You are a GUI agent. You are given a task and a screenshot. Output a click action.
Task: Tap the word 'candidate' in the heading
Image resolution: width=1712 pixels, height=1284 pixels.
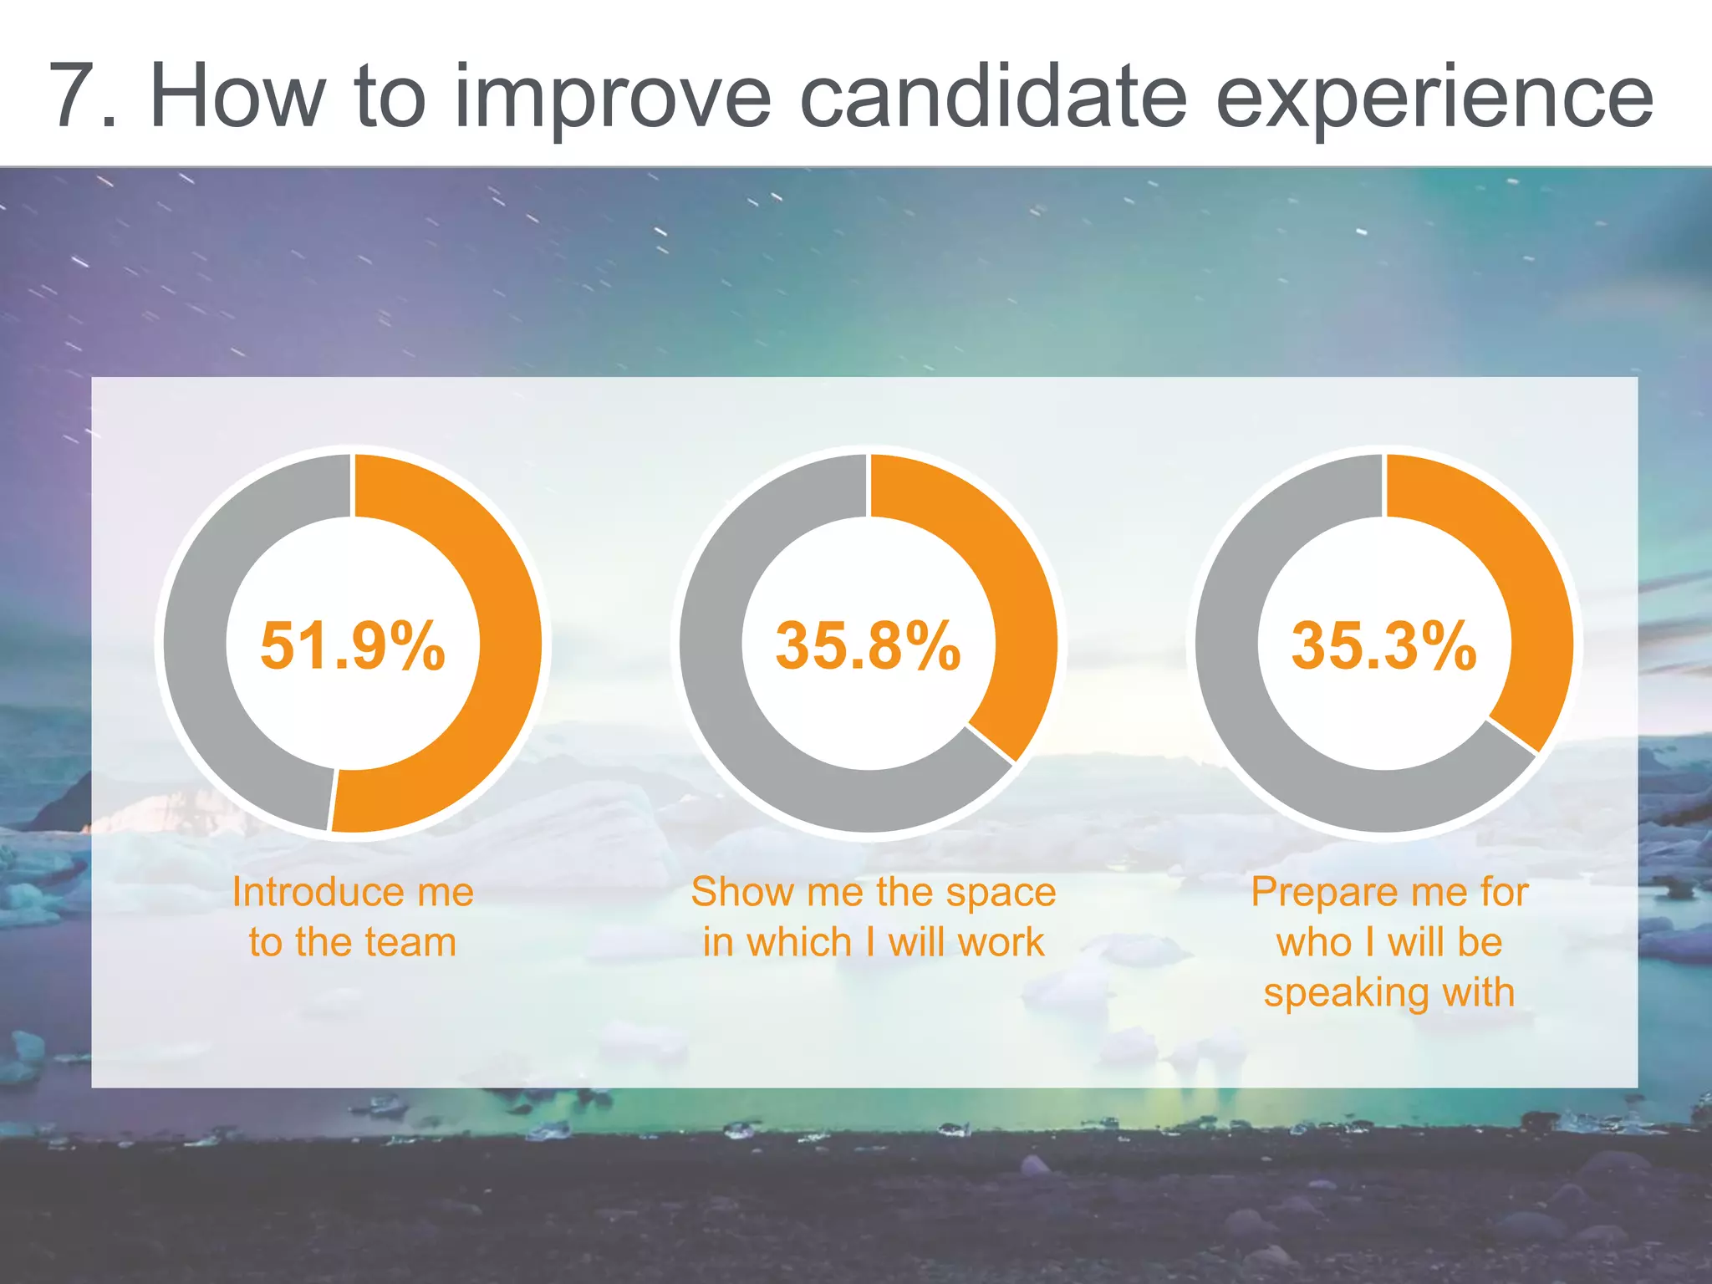(993, 97)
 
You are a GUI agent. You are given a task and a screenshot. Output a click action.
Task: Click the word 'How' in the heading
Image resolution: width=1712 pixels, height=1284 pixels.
(237, 97)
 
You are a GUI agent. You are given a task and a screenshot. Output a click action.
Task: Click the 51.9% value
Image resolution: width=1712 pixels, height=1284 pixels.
(352, 645)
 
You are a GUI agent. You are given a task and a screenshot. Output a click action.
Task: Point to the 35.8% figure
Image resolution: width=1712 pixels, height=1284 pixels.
(868, 645)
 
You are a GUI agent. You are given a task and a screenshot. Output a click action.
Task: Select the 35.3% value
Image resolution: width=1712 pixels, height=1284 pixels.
(1383, 645)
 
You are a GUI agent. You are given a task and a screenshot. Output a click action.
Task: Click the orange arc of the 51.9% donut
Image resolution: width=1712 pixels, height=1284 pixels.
(507, 644)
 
